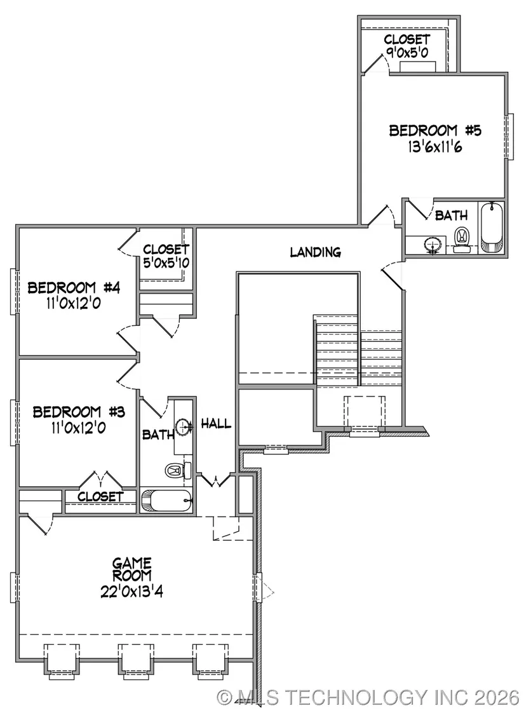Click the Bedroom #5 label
pos(434,130)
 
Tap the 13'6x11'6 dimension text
pos(434,147)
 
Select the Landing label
pos(315,252)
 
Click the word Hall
pos(216,424)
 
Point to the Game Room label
pos(132,569)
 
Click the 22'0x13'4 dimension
pos(132,591)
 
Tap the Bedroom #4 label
pos(74,288)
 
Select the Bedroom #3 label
pos(79,412)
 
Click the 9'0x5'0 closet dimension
pos(407,53)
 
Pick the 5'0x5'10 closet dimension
pos(166,263)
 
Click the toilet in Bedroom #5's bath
pos(461,239)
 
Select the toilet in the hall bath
pos(178,470)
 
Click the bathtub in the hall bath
pos(166,501)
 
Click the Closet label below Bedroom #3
pos(100,496)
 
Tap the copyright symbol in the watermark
pos(224,698)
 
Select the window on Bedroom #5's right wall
pos(508,137)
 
